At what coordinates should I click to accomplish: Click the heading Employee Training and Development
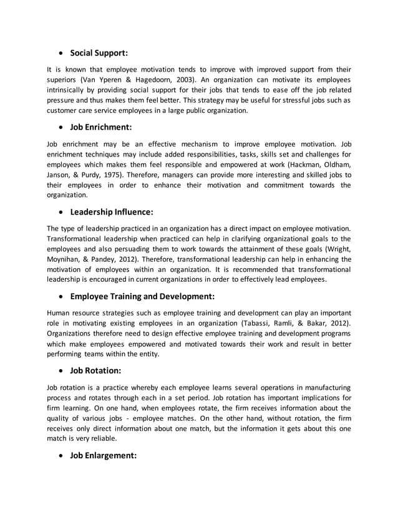pyautogui.click(x=142, y=296)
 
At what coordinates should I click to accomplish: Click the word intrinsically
pyautogui.click(x=68, y=90)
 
